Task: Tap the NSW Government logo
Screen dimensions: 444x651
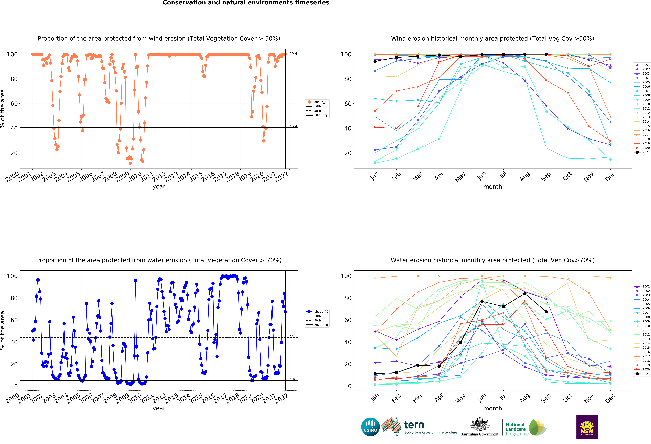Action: pyautogui.click(x=587, y=427)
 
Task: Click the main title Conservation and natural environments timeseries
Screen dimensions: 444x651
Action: pyautogui.click(x=246, y=3)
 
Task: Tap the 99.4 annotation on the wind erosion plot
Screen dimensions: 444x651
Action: pyautogui.click(x=293, y=54)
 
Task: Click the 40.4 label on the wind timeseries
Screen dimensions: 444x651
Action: pyautogui.click(x=293, y=126)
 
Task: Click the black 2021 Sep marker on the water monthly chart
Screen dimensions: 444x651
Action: pyautogui.click(x=546, y=312)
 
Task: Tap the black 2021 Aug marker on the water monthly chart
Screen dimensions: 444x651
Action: pyautogui.click(x=525, y=293)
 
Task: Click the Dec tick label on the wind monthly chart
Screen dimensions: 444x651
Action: pyautogui.click(x=610, y=177)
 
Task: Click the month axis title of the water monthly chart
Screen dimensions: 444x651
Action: pyautogui.click(x=492, y=408)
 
